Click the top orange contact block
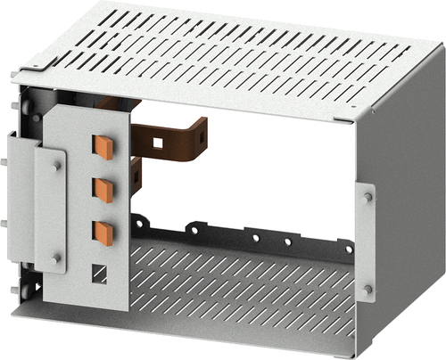(104, 146)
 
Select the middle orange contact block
(104, 189)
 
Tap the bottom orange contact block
(104, 232)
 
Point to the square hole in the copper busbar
(157, 141)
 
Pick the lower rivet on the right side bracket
(368, 288)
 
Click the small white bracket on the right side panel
(366, 242)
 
